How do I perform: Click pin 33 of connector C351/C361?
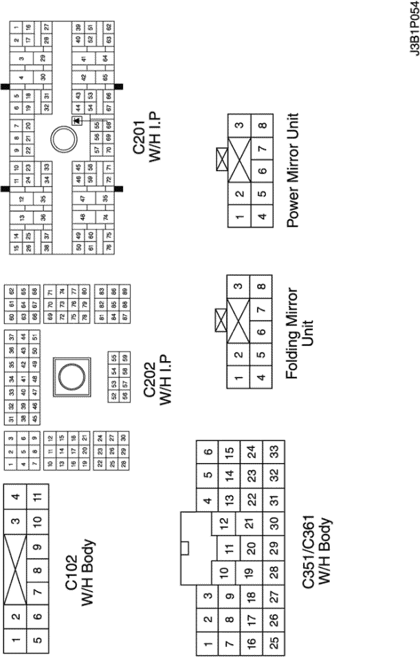[x=273, y=451]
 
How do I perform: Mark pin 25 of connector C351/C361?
[x=273, y=641]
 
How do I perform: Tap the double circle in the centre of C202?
[x=71, y=376]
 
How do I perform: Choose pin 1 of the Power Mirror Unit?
[x=239, y=218]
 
